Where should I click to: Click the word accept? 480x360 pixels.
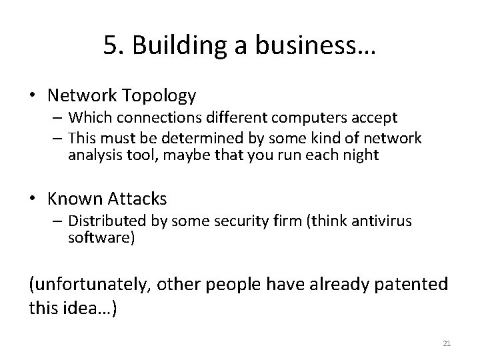click(375, 118)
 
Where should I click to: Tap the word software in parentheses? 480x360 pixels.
click(101, 237)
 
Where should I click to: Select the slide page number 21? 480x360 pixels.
click(447, 343)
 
